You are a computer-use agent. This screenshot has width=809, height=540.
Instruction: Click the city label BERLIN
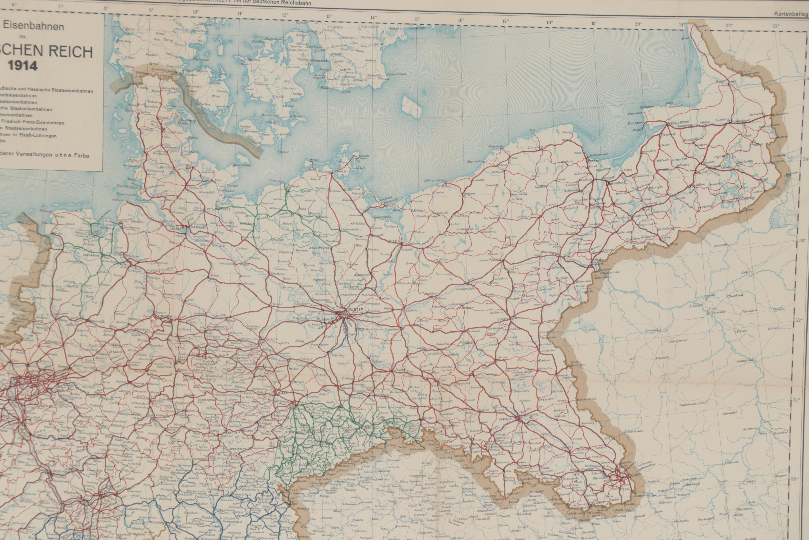tap(355, 309)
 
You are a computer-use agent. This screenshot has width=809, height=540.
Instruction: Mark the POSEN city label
tap(503, 320)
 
